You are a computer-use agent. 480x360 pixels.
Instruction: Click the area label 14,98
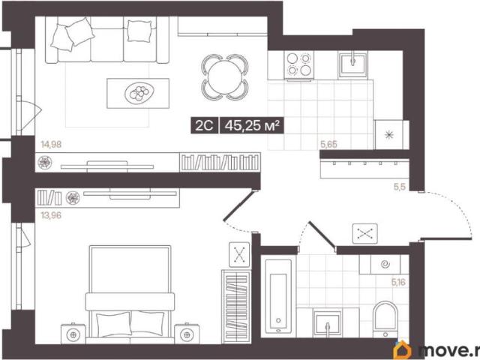[51, 144]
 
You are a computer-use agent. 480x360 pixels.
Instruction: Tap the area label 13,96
[51, 215]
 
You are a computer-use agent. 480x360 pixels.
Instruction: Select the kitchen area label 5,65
[328, 144]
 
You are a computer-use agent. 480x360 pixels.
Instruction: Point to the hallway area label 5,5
[400, 187]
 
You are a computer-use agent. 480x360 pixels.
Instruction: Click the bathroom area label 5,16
[398, 282]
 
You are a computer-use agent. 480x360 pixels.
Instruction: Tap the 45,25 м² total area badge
[252, 125]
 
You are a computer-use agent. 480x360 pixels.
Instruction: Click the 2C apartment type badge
[204, 125]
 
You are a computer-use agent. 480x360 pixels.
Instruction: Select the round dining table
[225, 76]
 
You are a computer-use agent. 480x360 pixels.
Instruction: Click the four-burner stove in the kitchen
[299, 65]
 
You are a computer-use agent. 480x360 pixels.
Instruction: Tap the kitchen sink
[353, 65]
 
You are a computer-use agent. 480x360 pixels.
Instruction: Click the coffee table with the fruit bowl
[138, 93]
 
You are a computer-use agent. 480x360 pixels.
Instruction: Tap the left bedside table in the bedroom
[73, 334]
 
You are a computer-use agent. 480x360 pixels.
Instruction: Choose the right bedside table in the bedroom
[187, 334]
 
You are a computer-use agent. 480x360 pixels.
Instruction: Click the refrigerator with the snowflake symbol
[391, 135]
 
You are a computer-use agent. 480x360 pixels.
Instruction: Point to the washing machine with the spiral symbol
[385, 264]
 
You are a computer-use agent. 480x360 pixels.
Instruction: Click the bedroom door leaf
[238, 205]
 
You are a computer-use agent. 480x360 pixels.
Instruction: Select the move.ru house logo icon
[402, 349]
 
